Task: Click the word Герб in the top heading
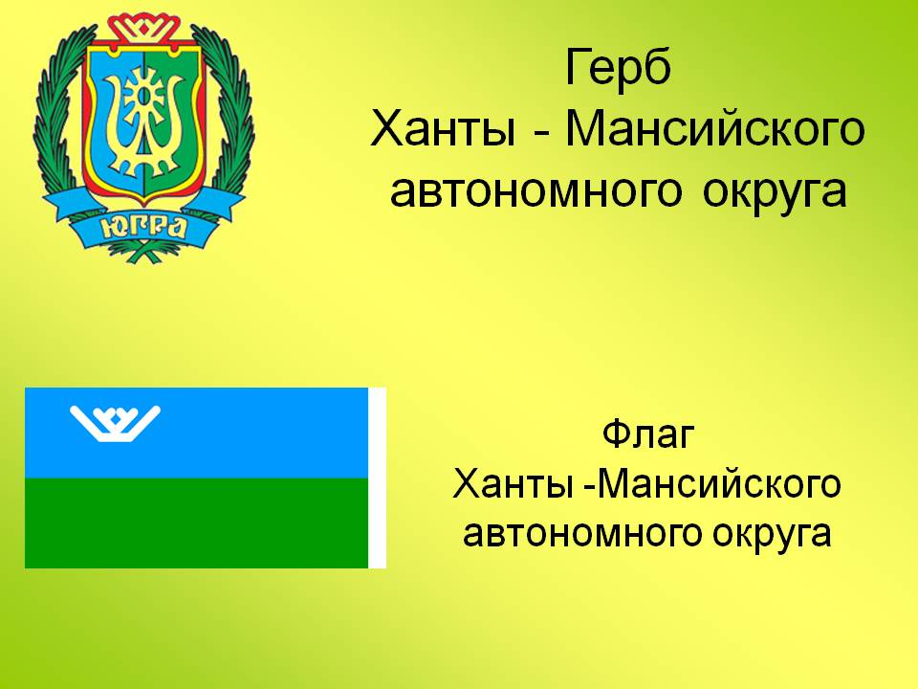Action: pos(618,67)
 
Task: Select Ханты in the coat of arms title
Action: pos(444,129)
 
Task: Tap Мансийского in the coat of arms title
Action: pos(714,129)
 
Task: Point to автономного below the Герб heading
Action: pos(535,191)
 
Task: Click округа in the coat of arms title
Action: pos(775,191)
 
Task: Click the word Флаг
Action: pos(648,434)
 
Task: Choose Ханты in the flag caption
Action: pos(512,484)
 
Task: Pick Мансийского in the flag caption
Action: pos(719,484)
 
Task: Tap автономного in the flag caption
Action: pos(582,533)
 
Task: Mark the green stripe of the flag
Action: pos(197,522)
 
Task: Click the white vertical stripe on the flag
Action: pos(377,478)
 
